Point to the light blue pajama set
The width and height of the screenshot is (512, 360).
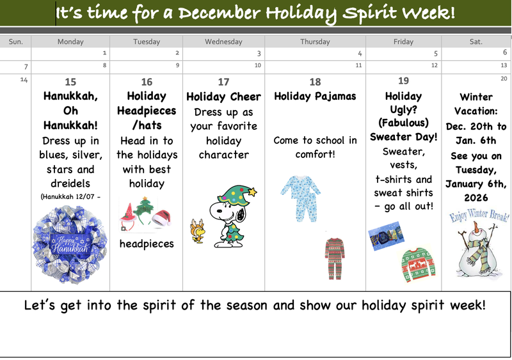(x=300, y=194)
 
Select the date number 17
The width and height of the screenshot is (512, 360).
(x=223, y=82)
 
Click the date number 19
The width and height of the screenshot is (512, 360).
(x=403, y=81)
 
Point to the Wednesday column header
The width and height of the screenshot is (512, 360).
(x=223, y=42)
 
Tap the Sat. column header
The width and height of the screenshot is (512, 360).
(x=476, y=42)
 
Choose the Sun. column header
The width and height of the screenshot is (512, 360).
(x=16, y=42)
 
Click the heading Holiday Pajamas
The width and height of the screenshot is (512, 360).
(x=315, y=97)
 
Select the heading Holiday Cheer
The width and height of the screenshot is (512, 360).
(x=223, y=97)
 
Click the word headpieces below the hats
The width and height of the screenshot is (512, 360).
(x=147, y=244)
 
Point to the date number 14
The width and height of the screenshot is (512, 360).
(x=24, y=79)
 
